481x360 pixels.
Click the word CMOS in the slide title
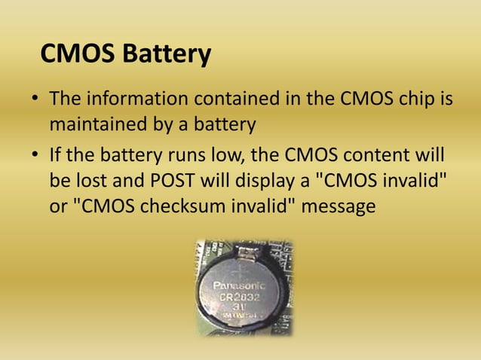[x=72, y=55]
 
